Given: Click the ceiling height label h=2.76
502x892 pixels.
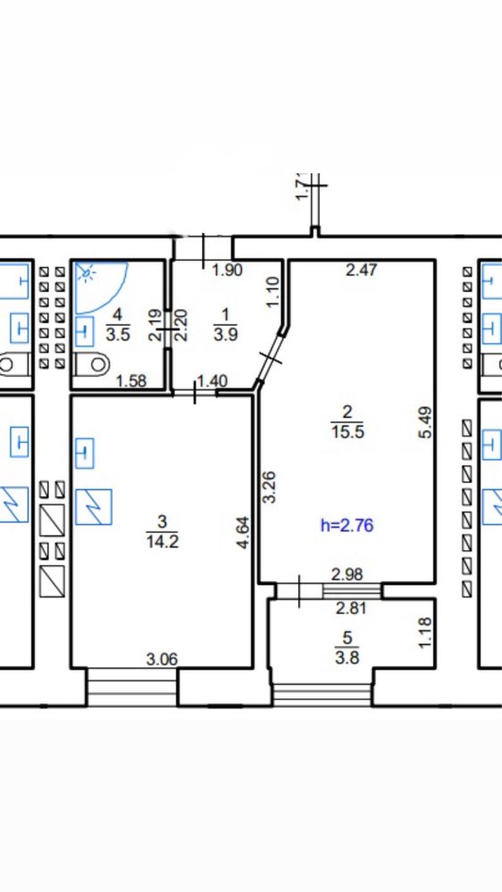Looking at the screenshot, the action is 347,524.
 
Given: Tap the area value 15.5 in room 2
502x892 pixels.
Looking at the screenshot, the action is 347,432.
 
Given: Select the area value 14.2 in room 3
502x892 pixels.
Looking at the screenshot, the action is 163,540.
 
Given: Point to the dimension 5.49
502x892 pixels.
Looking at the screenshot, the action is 429,421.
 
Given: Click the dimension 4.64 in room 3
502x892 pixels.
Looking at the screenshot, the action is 243,532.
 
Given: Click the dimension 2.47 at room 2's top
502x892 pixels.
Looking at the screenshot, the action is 362,269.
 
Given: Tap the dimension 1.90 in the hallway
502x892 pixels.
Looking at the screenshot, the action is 227,270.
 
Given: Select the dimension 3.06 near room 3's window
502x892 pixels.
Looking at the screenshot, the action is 163,659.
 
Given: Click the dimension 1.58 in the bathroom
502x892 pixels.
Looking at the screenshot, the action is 131,380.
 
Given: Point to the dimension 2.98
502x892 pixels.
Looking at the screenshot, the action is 347,574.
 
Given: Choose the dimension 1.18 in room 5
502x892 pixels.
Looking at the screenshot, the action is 429,632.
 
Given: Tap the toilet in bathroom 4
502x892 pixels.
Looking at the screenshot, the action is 92,363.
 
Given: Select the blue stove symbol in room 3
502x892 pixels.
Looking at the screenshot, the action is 93,507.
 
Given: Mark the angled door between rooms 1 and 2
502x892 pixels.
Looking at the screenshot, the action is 272,359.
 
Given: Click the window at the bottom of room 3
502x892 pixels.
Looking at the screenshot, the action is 132,687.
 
